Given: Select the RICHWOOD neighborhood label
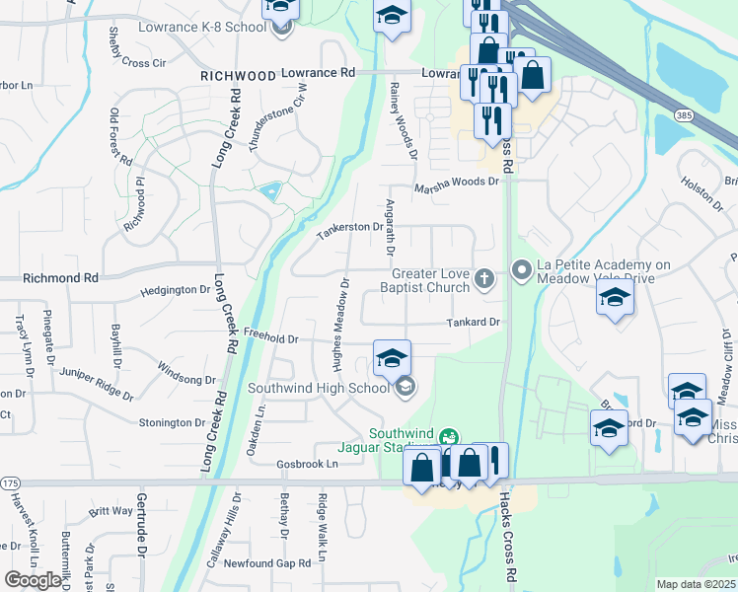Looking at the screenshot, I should (x=238, y=75).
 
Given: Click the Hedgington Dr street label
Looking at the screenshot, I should (x=176, y=290).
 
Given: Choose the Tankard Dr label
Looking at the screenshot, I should (x=475, y=322).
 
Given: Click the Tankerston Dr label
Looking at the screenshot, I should (x=348, y=231).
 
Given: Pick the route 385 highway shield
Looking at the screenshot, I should (x=683, y=115).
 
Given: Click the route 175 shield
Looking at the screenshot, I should (x=11, y=482).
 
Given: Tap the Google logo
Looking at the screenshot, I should (x=33, y=580).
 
